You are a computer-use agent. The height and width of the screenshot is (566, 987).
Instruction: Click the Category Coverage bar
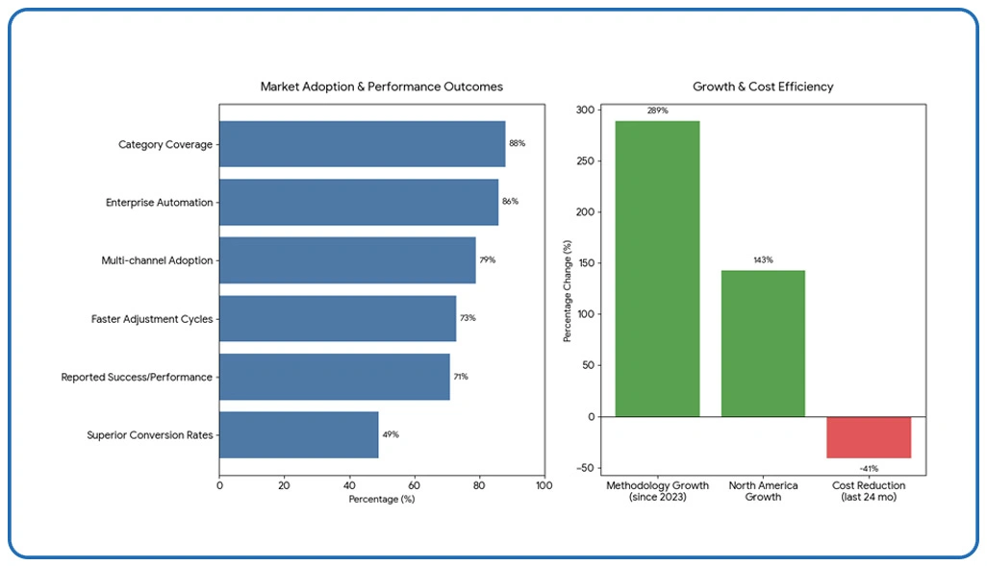[362, 144]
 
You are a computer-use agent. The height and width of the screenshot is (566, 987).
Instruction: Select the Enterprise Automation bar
[358, 202]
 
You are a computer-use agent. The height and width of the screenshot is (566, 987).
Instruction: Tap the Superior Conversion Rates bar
[298, 434]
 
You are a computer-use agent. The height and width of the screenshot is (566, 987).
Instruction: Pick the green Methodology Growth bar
[657, 269]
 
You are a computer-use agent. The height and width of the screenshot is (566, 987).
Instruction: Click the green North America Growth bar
[763, 343]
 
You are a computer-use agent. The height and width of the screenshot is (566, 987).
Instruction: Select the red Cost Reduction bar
[869, 437]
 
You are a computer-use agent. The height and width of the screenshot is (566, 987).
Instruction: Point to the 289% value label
[657, 111]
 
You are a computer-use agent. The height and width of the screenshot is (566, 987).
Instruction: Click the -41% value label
[868, 468]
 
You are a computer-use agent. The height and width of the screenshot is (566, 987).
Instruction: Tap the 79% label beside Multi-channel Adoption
[488, 260]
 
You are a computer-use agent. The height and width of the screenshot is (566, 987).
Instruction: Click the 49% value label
[390, 434]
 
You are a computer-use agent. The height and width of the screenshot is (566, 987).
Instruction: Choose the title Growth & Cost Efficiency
[763, 86]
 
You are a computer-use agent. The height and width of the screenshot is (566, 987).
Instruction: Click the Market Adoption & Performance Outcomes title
[381, 86]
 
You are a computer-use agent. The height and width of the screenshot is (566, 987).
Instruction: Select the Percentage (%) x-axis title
[381, 500]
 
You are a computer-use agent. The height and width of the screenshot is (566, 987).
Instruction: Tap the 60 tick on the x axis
[414, 486]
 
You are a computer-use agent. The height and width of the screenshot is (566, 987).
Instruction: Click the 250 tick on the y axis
[585, 161]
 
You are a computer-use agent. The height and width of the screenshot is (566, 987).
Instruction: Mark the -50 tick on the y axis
[585, 468]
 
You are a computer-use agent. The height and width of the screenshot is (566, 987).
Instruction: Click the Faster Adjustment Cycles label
[152, 318]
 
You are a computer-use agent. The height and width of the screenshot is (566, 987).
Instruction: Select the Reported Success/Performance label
[137, 377]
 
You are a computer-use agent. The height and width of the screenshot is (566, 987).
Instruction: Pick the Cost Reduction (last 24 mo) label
[869, 491]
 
